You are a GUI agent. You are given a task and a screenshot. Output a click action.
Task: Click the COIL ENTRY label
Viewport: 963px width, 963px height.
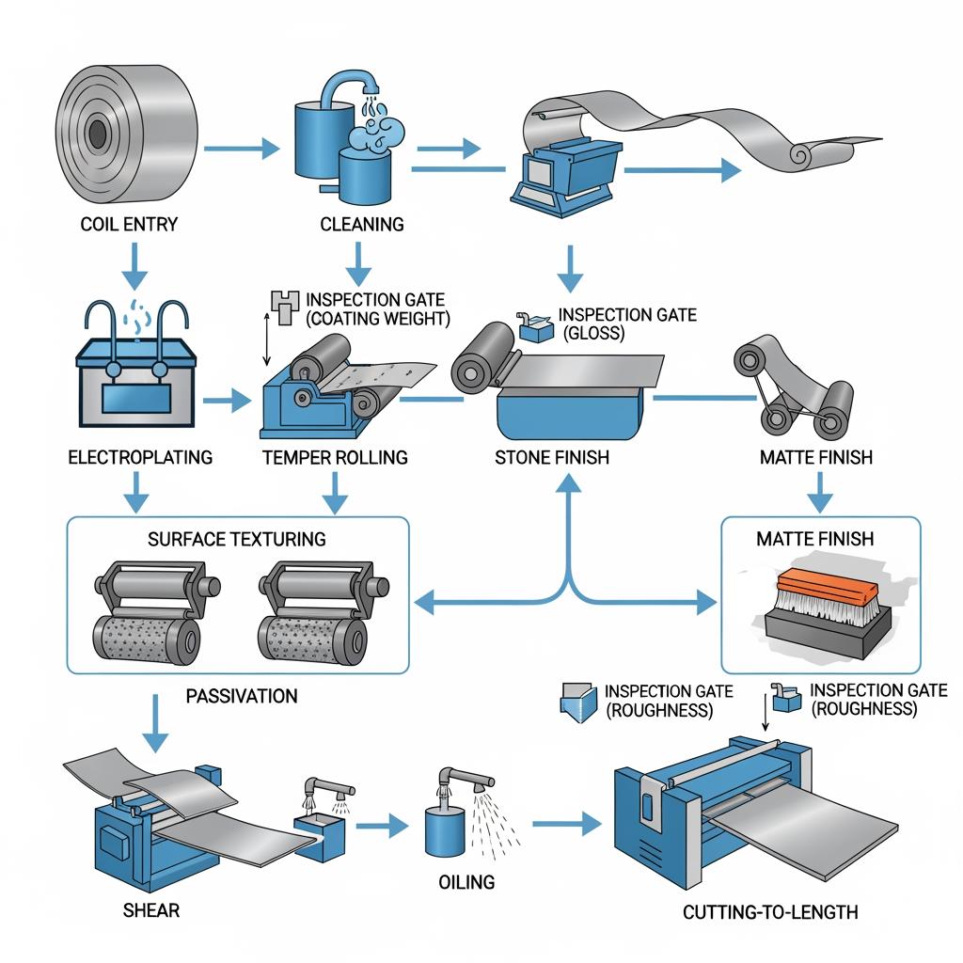click(129, 224)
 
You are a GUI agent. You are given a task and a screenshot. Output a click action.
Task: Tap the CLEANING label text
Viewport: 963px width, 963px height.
click(362, 224)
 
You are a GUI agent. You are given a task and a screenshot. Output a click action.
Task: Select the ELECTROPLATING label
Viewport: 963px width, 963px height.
click(140, 457)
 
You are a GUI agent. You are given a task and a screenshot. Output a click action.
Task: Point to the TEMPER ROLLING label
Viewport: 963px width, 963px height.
click(335, 458)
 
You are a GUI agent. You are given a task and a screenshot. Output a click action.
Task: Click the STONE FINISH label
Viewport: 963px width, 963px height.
click(552, 458)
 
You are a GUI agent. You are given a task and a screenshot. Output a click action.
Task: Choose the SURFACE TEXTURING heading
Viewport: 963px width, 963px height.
click(236, 539)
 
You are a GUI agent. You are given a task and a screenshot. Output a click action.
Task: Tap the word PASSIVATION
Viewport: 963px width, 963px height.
click(242, 696)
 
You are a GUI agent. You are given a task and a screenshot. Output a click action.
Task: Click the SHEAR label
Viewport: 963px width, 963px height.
click(151, 909)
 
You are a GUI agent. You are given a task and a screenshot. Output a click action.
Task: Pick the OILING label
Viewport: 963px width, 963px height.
click(466, 882)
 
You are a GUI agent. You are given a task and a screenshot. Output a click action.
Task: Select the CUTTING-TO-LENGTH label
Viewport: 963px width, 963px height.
click(770, 912)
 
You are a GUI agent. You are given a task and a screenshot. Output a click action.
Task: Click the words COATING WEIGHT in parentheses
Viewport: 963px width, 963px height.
click(378, 319)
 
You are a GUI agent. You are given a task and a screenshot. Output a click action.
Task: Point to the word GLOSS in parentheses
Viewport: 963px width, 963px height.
click(594, 334)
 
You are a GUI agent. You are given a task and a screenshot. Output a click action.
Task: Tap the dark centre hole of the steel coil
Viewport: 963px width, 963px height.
click(97, 134)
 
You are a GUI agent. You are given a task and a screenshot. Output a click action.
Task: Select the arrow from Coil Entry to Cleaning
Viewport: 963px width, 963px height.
click(242, 148)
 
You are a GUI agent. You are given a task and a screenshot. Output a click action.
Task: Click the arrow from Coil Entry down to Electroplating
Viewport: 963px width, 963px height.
click(134, 266)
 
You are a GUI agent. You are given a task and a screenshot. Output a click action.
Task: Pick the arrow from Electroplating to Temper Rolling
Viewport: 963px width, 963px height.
click(227, 401)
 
